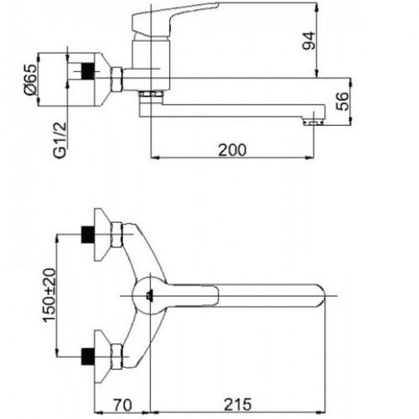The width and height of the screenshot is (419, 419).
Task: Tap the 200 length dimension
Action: (x=231, y=150)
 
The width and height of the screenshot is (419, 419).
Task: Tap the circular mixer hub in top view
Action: (x=149, y=296)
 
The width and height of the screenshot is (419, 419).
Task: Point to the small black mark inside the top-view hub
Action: (x=149, y=296)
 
